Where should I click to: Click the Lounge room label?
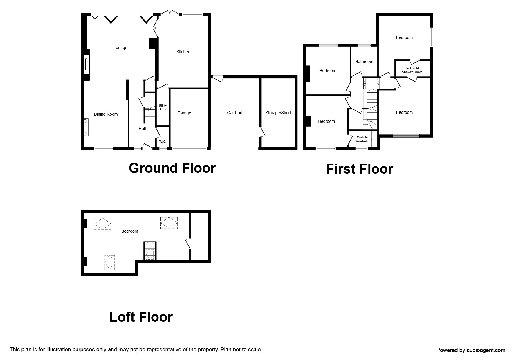click(x=120, y=48)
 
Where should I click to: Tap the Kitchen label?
click(x=183, y=52)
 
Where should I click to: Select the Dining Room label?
click(x=106, y=114)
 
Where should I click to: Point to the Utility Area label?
click(x=163, y=107)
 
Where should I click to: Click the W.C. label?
click(x=163, y=141)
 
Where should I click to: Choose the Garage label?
click(x=184, y=113)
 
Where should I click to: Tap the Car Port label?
click(x=235, y=113)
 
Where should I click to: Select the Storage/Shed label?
click(x=278, y=113)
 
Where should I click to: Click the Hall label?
click(x=142, y=129)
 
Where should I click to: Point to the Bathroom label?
click(x=364, y=62)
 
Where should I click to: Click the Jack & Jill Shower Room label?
click(x=412, y=70)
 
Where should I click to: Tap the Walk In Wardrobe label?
click(x=362, y=139)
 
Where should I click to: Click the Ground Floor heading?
click(x=172, y=168)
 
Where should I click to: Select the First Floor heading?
click(x=359, y=169)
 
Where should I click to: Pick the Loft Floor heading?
click(x=141, y=317)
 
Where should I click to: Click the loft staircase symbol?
click(x=150, y=251)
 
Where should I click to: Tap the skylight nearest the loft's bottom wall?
click(x=110, y=262)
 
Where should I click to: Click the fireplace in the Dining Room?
click(x=86, y=127)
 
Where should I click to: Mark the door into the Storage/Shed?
click(x=262, y=132)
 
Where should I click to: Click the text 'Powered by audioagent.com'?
click(x=471, y=350)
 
